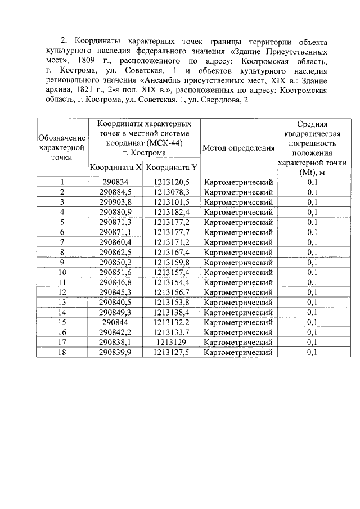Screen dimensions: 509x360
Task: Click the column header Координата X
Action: (115, 168)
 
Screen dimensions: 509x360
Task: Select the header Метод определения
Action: (238, 148)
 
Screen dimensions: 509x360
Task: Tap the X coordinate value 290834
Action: (115, 182)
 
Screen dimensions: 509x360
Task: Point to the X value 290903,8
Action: (115, 202)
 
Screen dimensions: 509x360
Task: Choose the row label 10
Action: (62, 272)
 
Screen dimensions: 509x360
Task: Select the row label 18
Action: (62, 352)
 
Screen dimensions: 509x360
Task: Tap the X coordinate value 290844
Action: (115, 322)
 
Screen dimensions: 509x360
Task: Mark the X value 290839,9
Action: (115, 352)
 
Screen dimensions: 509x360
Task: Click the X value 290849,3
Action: (115, 312)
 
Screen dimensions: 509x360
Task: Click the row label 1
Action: (62, 182)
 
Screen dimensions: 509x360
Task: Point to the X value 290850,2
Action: (115, 262)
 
